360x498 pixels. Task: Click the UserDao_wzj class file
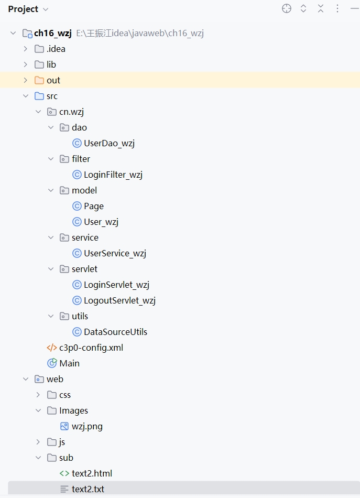pos(109,143)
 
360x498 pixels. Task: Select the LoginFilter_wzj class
pos(113,175)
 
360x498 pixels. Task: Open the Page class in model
pos(93,206)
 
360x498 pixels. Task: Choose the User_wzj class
pos(101,222)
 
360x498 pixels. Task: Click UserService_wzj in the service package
pos(114,253)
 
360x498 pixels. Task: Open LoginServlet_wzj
pos(116,285)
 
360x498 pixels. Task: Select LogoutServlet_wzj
pos(119,300)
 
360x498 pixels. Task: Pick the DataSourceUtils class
pos(115,332)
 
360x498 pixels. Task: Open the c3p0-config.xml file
pos(91,348)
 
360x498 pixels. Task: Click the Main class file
pos(69,363)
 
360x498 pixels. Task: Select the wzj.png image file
pos(87,426)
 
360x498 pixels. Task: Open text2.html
pos(92,473)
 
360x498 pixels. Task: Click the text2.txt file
pos(88,489)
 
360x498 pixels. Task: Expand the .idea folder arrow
pos(25,49)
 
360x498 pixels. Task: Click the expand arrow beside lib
pos(25,64)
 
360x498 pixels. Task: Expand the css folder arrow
pos(38,395)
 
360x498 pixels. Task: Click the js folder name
pos(62,442)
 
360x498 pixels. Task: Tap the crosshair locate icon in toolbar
pos(287,8)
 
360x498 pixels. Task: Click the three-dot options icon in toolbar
pos(337,8)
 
